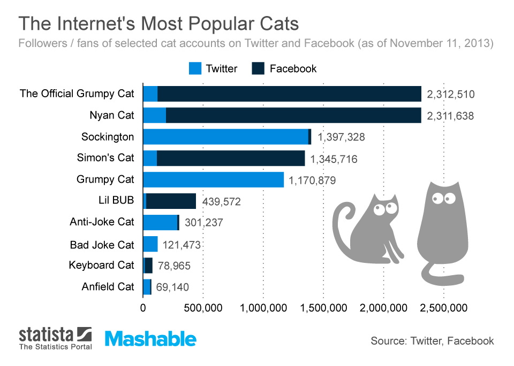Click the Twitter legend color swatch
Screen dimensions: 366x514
click(x=195, y=68)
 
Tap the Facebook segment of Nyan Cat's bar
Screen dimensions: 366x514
click(x=293, y=115)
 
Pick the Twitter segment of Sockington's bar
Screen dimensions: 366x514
click(x=225, y=136)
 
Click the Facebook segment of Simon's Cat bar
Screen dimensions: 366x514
click(x=230, y=158)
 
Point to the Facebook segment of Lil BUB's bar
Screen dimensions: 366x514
click(x=171, y=201)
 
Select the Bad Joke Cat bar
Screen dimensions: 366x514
click(x=150, y=244)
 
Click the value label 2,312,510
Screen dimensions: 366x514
click(x=451, y=95)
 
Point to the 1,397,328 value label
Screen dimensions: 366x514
click(x=341, y=137)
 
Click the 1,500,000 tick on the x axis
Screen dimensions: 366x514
click(x=323, y=308)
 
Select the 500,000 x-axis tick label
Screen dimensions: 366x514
click(x=203, y=308)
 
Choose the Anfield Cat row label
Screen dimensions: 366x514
click(x=108, y=287)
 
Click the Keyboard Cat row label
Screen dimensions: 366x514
click(x=102, y=266)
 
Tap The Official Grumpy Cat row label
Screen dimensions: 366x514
click(x=77, y=94)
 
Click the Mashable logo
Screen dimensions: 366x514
click(x=150, y=339)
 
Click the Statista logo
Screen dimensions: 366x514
click(x=55, y=339)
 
